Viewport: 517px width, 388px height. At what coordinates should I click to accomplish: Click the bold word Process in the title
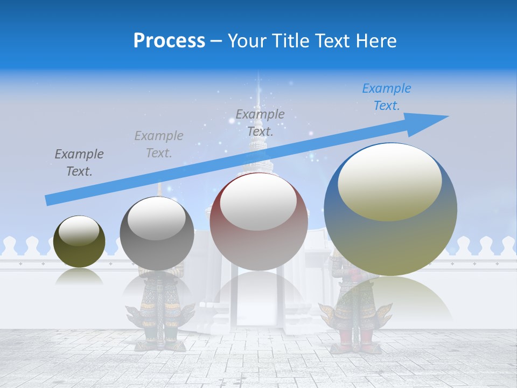coord(169,40)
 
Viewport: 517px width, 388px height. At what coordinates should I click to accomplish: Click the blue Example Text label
coord(386,97)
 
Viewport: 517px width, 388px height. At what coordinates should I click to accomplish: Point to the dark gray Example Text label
coord(79,163)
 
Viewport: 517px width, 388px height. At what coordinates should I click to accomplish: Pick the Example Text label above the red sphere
coord(260,122)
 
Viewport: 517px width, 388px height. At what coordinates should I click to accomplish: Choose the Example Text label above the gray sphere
coord(159,144)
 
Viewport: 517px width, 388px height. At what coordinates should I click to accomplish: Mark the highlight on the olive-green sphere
coord(79,231)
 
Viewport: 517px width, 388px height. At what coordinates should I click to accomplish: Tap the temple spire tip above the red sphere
coord(258,89)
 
